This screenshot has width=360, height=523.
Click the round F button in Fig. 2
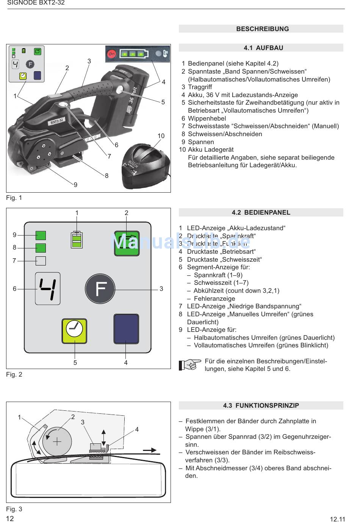coord(100,289)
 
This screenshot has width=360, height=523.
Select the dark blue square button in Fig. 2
coord(126,329)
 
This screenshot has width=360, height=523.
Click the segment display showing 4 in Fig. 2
coord(48,288)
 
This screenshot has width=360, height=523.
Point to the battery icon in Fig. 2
coord(77,239)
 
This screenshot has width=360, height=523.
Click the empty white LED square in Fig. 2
coord(41,261)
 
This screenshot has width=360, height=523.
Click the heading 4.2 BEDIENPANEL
coord(261,212)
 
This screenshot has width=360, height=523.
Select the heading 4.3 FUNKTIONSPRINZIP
coord(261,405)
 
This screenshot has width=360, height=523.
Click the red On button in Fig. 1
coord(111,54)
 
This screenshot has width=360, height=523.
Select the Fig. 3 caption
coord(14,509)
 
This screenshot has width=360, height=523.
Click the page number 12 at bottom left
coord(10,518)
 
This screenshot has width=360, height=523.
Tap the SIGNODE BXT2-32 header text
coord(36,3)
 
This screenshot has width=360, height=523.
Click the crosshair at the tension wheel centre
coord(57,441)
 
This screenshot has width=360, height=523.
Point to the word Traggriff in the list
coord(200,87)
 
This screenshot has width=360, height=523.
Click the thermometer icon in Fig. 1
coord(166,54)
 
